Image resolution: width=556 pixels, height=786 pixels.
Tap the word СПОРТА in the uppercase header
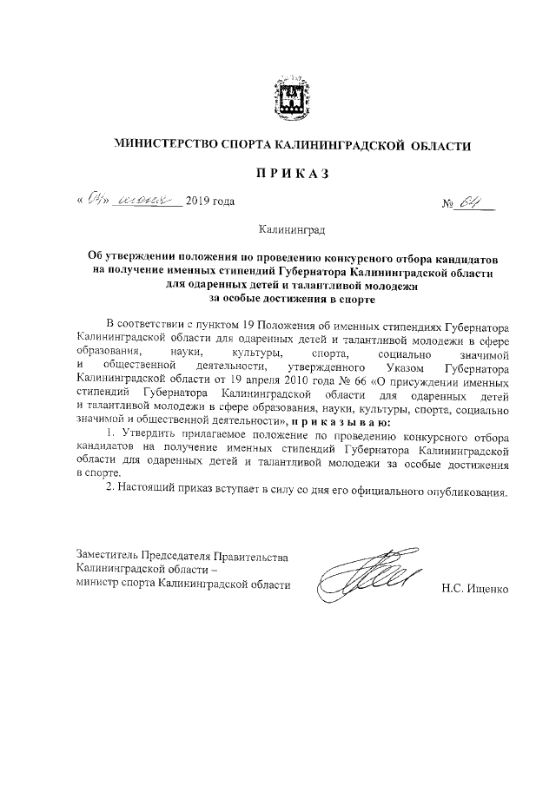pos(248,146)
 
